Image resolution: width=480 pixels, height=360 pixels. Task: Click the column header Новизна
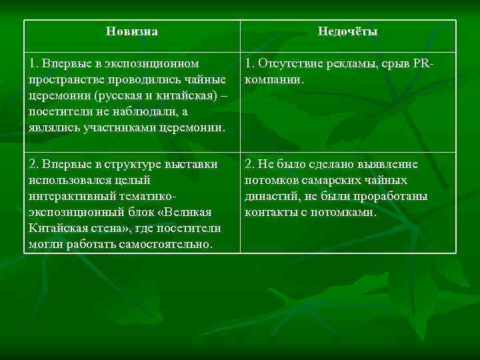pos(132,31)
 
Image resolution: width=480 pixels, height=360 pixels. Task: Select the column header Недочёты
pos(348,31)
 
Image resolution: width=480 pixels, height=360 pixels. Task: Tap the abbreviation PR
pos(422,64)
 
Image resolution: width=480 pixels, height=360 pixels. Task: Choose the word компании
pos(273,80)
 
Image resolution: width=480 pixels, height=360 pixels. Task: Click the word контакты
pos(268,212)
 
